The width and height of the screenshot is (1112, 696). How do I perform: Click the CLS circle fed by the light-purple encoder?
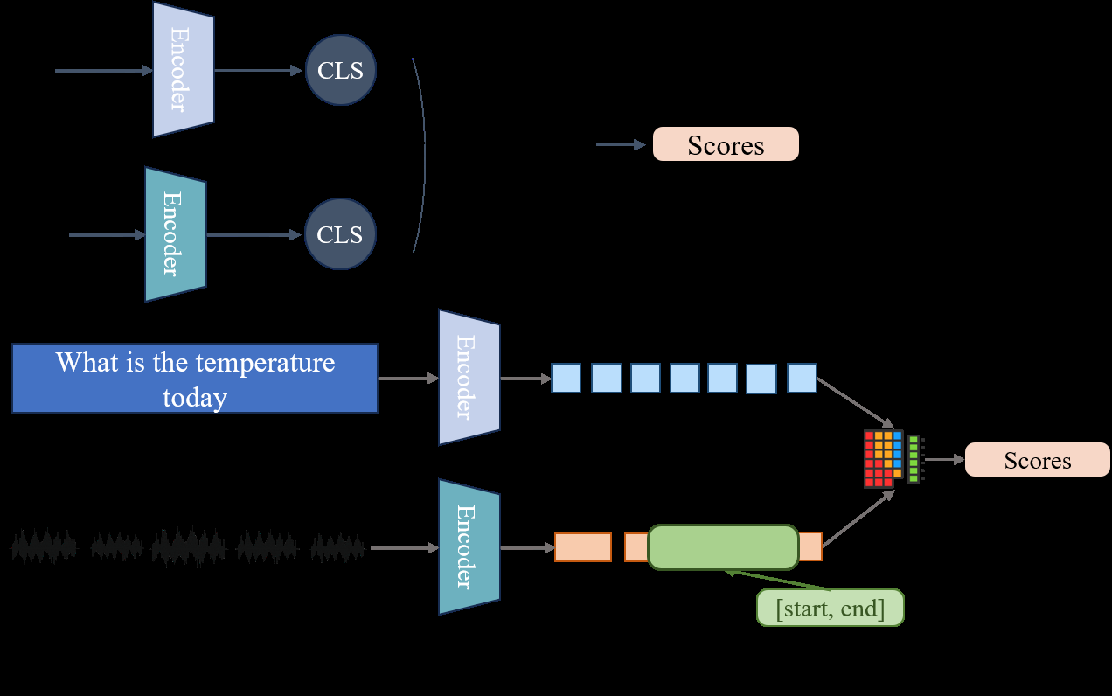(340, 70)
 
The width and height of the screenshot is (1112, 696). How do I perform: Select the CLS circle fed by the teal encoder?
(339, 234)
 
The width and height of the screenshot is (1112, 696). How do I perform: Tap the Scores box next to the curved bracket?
(726, 144)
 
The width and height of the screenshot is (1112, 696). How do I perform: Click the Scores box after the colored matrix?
(1037, 460)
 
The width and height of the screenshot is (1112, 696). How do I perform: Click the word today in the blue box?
(194, 398)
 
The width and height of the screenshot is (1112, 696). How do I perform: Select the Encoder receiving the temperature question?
(469, 377)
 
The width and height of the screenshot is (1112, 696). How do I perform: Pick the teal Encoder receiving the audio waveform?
(469, 546)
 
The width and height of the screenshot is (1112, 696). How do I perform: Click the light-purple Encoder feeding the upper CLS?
(183, 69)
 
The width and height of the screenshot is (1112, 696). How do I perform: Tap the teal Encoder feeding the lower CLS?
(175, 234)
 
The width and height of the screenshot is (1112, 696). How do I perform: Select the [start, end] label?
(830, 609)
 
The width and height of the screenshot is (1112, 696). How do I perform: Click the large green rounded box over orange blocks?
(723, 546)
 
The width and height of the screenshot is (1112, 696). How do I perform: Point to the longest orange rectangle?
(582, 547)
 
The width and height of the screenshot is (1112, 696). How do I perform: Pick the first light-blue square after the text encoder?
(566, 378)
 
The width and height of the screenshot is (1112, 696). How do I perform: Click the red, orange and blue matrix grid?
(883, 458)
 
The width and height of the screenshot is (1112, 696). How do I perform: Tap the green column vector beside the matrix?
(914, 459)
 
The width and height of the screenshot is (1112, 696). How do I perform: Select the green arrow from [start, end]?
(778, 581)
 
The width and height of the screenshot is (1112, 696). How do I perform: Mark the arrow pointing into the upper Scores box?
(621, 144)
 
